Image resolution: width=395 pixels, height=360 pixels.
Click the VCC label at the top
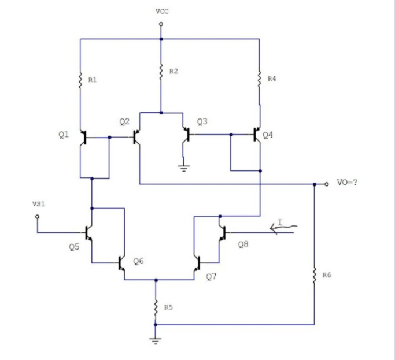pyautogui.click(x=162, y=12)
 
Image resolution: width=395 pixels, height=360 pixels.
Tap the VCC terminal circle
pyautogui.click(x=161, y=24)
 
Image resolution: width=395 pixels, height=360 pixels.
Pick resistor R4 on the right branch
pyautogui.click(x=259, y=78)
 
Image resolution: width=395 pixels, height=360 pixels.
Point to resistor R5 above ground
pyautogui.click(x=156, y=306)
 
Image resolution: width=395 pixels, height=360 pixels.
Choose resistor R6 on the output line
pyautogui.click(x=315, y=275)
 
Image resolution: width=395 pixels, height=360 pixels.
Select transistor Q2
pyautogui.click(x=136, y=137)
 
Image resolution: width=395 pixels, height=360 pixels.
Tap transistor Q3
pyautogui.click(x=186, y=135)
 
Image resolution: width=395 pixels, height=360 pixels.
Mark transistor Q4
pyautogui.click(x=257, y=135)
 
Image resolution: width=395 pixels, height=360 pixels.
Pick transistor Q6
pyautogui.click(x=122, y=263)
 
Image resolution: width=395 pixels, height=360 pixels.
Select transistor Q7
pyautogui.click(x=196, y=263)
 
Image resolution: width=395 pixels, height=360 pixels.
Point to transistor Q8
pyautogui.click(x=222, y=232)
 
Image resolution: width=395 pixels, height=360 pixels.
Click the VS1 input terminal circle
pyautogui.click(x=38, y=216)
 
